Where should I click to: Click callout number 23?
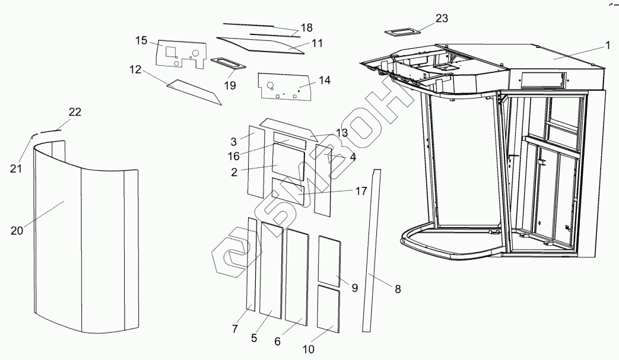pos(442,19)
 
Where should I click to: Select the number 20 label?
pos(17,230)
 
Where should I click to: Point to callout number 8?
pos(398,289)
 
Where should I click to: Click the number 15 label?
pos(141,40)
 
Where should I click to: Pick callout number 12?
pos(135,69)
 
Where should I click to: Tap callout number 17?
pos(360,190)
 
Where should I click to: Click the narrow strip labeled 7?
pos(252,264)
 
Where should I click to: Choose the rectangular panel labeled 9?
pos(329,260)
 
